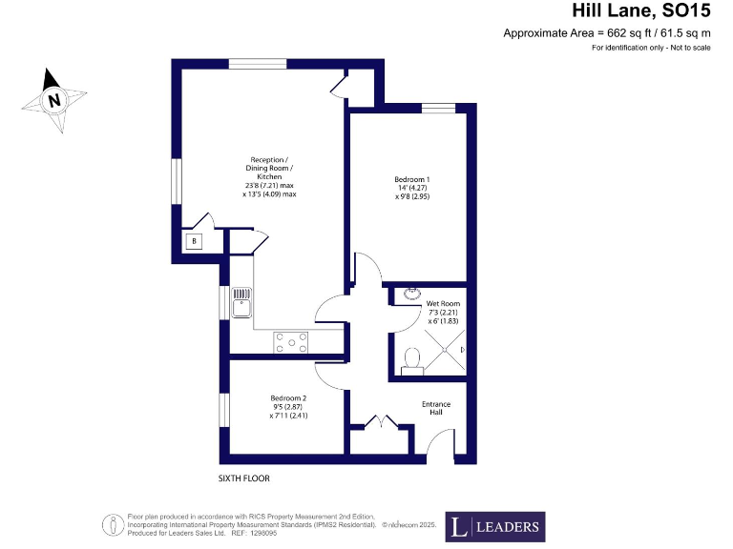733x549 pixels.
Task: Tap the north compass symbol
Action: (x=55, y=99)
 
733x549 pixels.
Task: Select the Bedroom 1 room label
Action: (x=412, y=179)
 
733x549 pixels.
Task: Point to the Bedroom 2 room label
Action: (x=287, y=397)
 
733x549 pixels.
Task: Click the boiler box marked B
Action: (x=194, y=242)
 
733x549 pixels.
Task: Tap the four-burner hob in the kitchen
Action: (x=291, y=342)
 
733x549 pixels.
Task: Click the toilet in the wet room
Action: (x=412, y=356)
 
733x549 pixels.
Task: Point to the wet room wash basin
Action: (x=413, y=294)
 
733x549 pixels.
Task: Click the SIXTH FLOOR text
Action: (x=244, y=478)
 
